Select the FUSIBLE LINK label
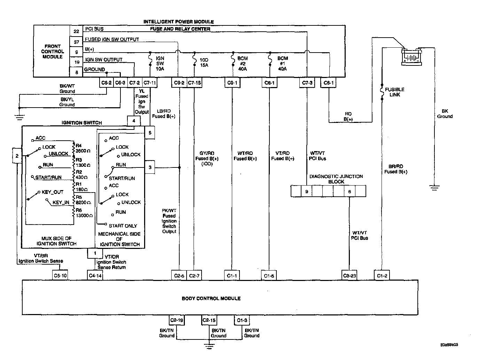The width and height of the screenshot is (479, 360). click(394, 92)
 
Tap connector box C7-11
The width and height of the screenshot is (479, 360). click(150, 83)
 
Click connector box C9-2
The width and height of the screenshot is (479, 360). click(179, 83)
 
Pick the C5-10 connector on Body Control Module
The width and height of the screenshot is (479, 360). click(60, 275)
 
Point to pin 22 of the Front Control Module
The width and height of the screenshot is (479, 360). click(77, 31)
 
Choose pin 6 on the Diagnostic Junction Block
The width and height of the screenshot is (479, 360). click(350, 191)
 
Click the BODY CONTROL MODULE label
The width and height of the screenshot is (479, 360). click(211, 298)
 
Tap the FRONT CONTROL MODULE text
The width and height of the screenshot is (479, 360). click(53, 52)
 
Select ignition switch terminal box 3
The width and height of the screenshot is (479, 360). click(150, 167)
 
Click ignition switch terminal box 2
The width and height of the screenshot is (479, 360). click(17, 156)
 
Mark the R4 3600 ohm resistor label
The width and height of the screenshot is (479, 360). click(83, 148)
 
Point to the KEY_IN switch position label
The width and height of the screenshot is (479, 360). click(61, 202)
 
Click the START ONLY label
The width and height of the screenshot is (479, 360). click(123, 226)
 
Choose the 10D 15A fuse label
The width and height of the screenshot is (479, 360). click(204, 63)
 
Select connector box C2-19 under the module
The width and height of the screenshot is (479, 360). click(176, 320)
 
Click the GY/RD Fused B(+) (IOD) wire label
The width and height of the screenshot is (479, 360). click(207, 158)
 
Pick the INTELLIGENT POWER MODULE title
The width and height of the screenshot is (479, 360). click(179, 22)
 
